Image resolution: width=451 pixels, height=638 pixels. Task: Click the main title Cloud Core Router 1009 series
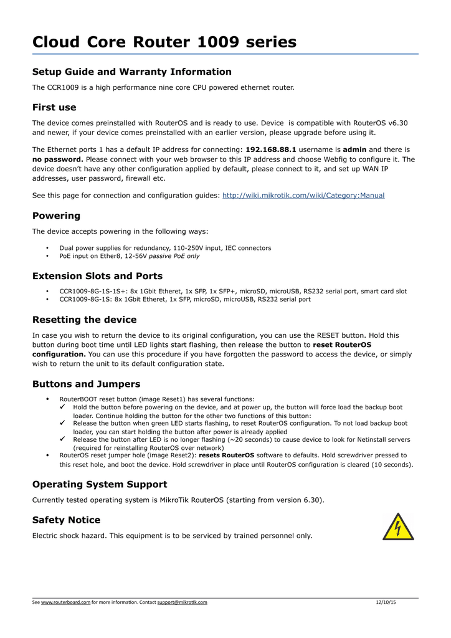tap(164, 42)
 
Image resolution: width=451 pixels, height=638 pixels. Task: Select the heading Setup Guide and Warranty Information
tap(131, 72)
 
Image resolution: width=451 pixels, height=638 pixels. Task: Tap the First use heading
tap(54, 107)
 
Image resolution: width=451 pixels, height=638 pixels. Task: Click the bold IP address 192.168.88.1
tap(271, 150)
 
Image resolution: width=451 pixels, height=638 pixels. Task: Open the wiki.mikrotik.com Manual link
tap(303, 196)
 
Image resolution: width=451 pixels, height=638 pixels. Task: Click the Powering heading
tap(56, 216)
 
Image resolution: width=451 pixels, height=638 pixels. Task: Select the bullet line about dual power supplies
tap(165, 248)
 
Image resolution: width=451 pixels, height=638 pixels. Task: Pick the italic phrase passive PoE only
tap(174, 256)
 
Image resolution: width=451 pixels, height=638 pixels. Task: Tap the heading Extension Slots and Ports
tap(97, 276)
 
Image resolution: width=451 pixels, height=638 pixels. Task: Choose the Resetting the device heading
tap(84, 320)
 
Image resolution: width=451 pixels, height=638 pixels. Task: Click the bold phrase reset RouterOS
tap(342, 345)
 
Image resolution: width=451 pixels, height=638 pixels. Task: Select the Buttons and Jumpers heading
tap(86, 384)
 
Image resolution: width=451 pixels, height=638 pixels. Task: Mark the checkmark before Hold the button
tap(62, 407)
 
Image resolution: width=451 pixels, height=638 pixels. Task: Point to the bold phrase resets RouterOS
tap(226, 455)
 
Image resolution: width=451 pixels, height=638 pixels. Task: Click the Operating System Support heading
tap(99, 484)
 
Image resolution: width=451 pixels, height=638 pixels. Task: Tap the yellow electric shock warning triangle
tap(398, 527)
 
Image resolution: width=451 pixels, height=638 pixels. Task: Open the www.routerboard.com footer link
tap(65, 602)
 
